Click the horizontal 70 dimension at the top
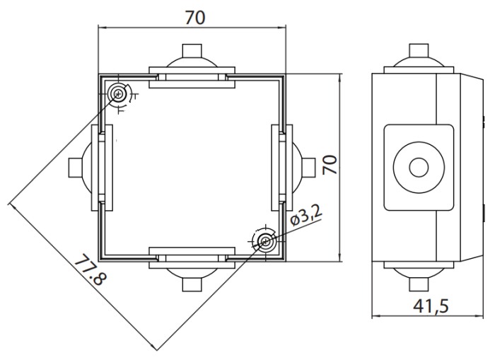pyautogui.click(x=194, y=18)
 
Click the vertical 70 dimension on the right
pyautogui.click(x=330, y=165)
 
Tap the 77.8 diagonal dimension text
pyautogui.click(x=91, y=269)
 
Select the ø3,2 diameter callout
pyautogui.click(x=306, y=215)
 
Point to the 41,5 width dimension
pyautogui.click(x=431, y=306)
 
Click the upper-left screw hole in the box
pyautogui.click(x=119, y=93)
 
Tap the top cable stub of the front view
pyautogui.click(x=192, y=50)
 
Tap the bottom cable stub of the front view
pyautogui.click(x=192, y=284)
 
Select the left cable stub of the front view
pyautogui.click(x=76, y=168)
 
